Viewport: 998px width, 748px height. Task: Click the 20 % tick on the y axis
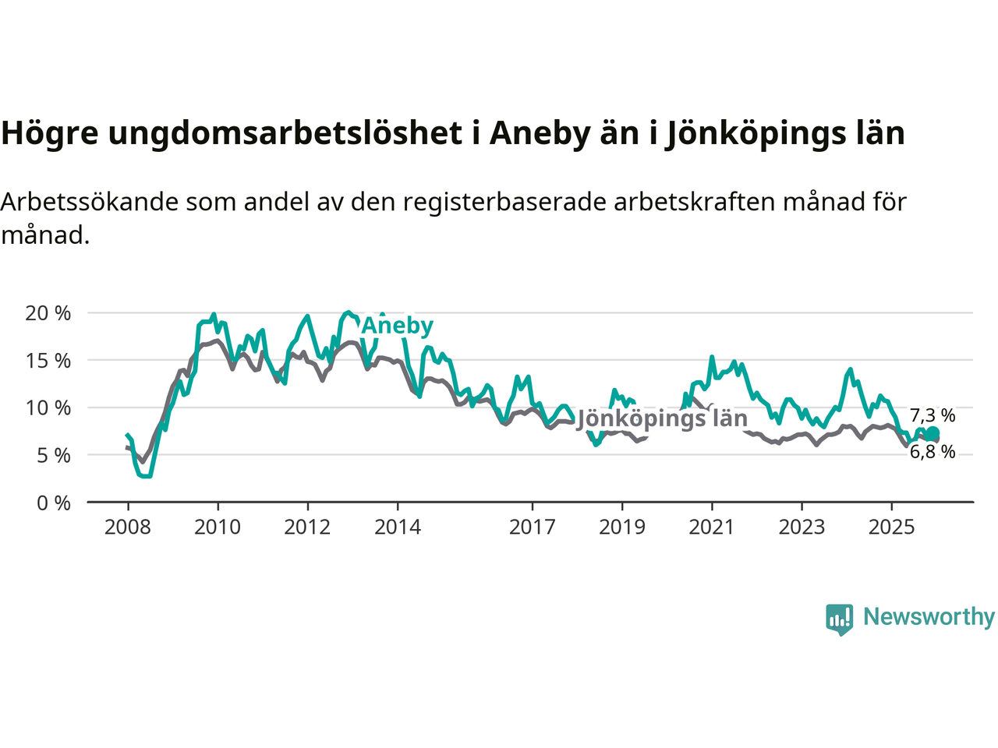click(x=48, y=313)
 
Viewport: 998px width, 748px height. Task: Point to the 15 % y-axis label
click(x=48, y=361)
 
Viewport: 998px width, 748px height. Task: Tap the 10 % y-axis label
click(x=48, y=408)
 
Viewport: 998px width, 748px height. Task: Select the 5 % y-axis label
click(x=54, y=456)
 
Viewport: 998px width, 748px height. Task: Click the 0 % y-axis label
click(x=54, y=503)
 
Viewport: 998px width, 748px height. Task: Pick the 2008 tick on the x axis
click(x=128, y=527)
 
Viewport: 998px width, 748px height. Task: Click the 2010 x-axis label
click(x=218, y=527)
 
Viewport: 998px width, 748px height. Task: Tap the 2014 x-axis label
click(x=398, y=527)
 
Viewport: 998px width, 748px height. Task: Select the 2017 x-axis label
click(x=533, y=527)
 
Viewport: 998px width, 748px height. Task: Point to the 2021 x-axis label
click(x=712, y=527)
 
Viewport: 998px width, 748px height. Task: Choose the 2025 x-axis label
click(x=892, y=527)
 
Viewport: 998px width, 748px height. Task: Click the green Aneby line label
click(x=397, y=326)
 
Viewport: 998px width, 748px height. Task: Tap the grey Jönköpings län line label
click(x=662, y=418)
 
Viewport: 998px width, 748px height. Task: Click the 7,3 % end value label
click(x=933, y=415)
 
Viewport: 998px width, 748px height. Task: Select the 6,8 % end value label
click(x=933, y=452)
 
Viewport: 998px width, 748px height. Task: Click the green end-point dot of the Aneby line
click(x=933, y=434)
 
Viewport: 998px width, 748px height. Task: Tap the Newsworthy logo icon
click(x=840, y=619)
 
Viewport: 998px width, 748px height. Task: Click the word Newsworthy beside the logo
click(x=929, y=617)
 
